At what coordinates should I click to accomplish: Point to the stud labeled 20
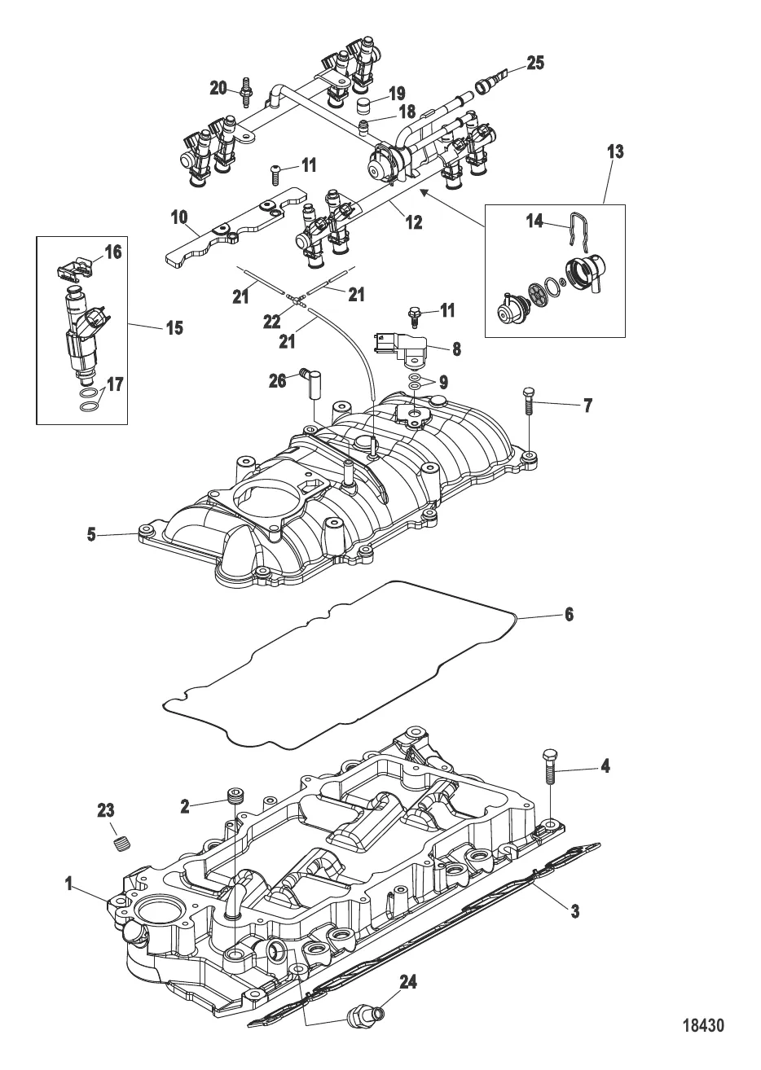(x=246, y=89)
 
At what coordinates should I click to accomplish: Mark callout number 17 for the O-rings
(x=115, y=384)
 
